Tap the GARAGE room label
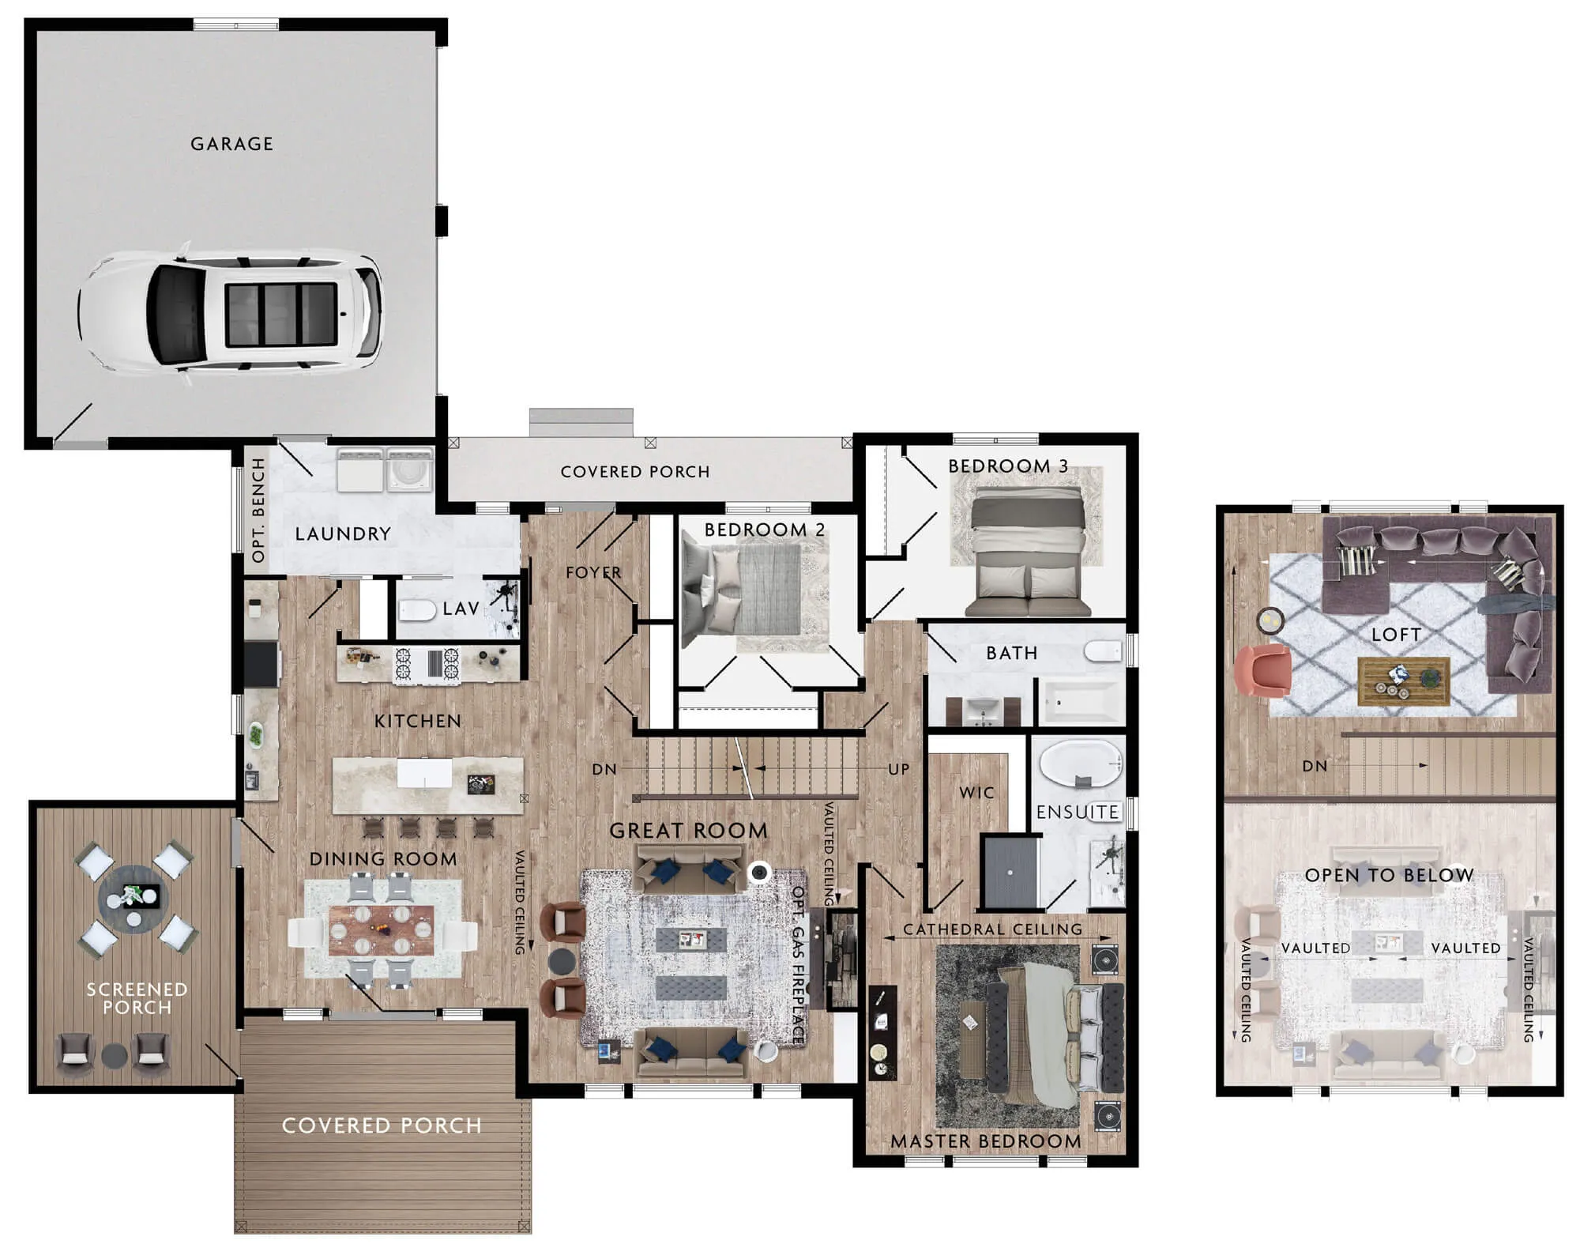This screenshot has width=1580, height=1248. point(231,144)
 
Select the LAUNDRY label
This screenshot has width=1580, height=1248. point(343,534)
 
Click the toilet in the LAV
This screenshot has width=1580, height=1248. point(418,610)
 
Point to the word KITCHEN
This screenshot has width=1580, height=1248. point(418,721)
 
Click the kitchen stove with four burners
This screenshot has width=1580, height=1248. point(427,664)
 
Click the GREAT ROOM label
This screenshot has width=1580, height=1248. point(688,831)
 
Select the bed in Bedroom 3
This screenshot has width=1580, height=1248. point(1028,551)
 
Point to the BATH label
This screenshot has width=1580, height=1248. point(1012,653)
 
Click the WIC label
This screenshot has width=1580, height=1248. point(976,793)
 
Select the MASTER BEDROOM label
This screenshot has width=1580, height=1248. point(986,1141)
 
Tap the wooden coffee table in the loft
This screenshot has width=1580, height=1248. point(1404,681)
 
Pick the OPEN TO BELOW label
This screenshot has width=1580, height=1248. point(1390,875)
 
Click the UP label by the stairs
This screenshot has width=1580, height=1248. point(899,769)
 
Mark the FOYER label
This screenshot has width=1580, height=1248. point(593,572)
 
